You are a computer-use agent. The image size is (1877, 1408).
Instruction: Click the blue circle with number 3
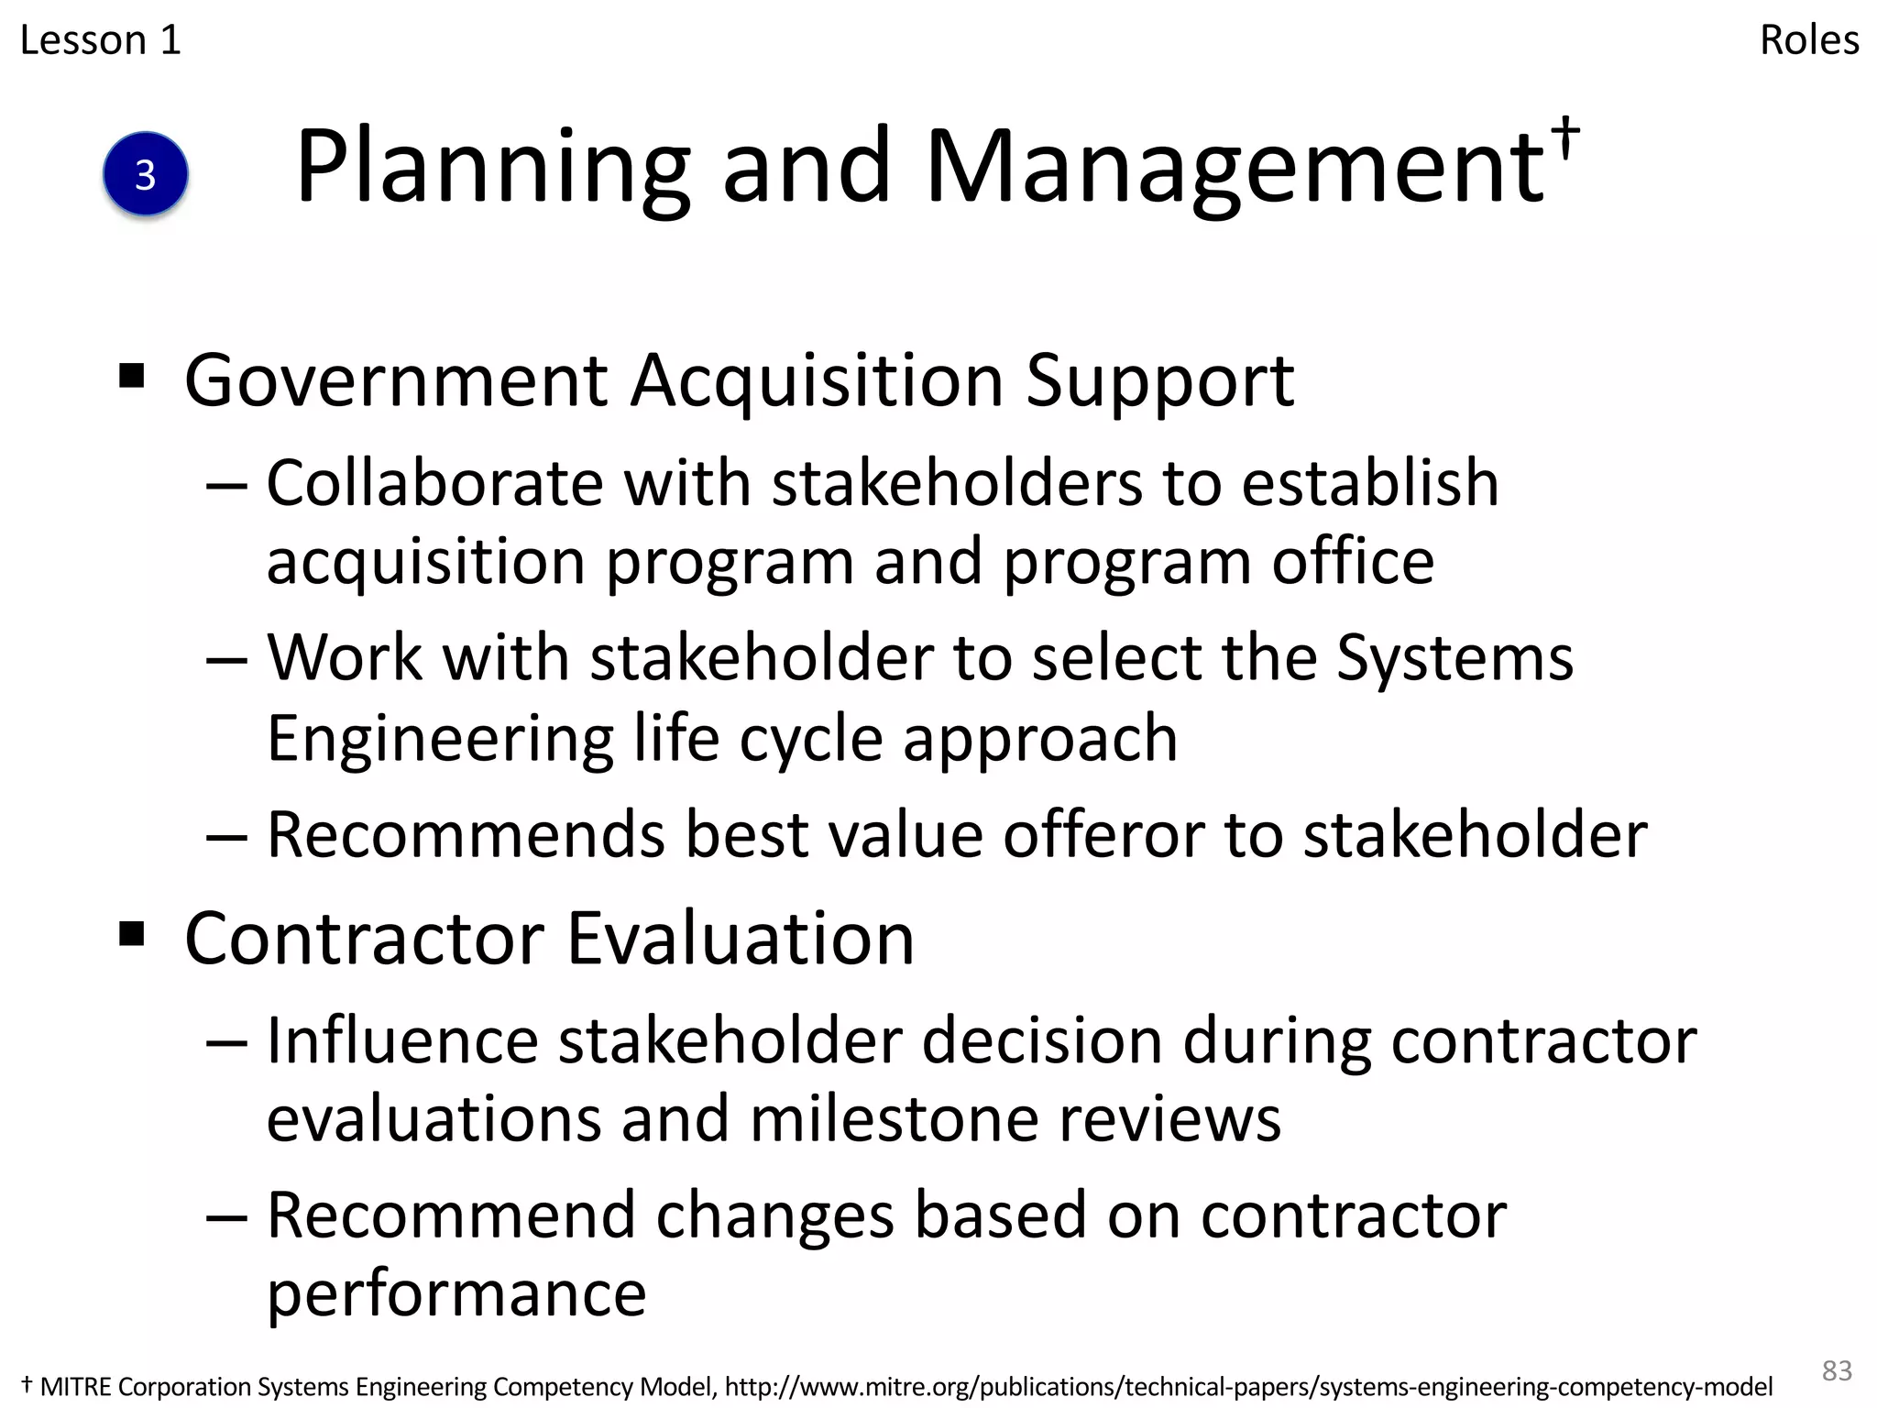coord(146,174)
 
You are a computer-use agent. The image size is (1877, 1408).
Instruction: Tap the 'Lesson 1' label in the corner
coord(101,40)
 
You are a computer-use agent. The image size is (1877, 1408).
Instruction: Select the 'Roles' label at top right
coord(1808,40)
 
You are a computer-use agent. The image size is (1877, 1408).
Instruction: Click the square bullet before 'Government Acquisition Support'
coord(132,376)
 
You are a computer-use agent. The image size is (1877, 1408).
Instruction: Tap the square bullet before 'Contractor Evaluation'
coord(132,935)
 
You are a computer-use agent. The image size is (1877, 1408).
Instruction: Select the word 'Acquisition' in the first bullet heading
coord(817,380)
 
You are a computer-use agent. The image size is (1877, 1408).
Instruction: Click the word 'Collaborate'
coord(434,482)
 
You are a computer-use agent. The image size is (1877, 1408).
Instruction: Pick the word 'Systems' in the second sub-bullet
coord(1454,658)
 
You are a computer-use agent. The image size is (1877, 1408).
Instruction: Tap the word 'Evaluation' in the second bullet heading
coord(741,939)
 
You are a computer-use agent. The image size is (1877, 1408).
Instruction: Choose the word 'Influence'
coord(402,1041)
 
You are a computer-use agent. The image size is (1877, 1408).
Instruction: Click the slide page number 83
coord(1837,1370)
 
